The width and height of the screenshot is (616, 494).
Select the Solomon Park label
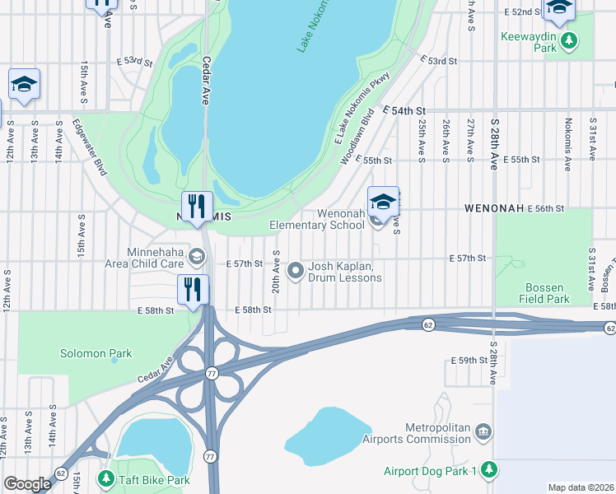click(x=96, y=354)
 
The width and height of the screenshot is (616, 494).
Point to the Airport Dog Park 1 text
click(x=431, y=471)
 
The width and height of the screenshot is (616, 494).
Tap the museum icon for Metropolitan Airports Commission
click(x=484, y=431)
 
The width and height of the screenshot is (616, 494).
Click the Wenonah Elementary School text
click(x=317, y=219)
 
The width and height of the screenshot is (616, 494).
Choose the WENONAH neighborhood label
click(x=494, y=208)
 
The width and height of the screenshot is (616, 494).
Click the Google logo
click(x=27, y=484)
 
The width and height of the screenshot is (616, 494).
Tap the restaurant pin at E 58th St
click(x=192, y=291)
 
